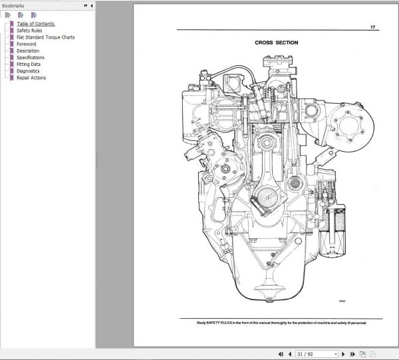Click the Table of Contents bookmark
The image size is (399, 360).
pos(35,24)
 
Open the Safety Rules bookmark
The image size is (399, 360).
pos(31,31)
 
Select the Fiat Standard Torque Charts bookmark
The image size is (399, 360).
pos(45,37)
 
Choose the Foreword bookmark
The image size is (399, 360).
pos(27,44)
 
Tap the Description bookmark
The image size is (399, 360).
pos(28,51)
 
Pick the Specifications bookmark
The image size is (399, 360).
pos(31,57)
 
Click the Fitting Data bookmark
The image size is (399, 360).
pos(30,64)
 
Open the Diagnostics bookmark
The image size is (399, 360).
pos(28,71)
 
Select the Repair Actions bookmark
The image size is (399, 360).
pos(31,77)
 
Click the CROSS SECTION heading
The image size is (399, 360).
pos(276,43)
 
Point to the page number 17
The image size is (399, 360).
pos(372,28)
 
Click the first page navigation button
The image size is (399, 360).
pos(281,354)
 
